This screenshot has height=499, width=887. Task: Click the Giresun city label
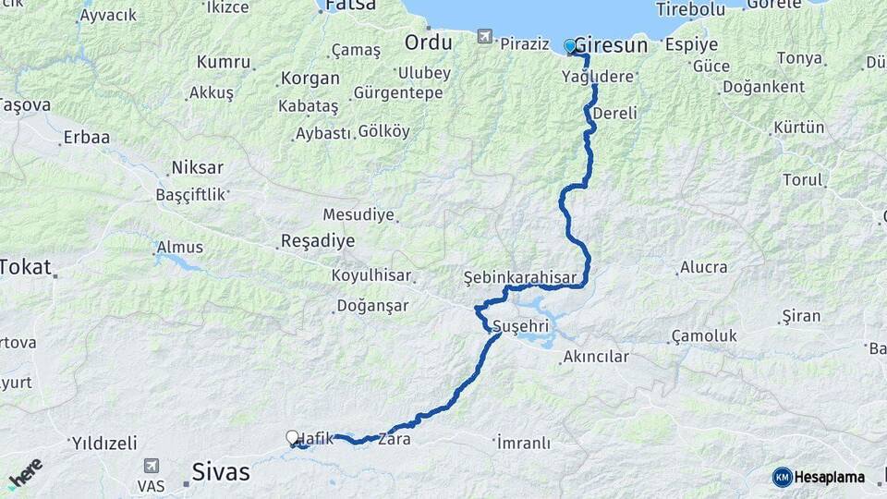[611, 45]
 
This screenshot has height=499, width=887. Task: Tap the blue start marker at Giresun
[570, 45]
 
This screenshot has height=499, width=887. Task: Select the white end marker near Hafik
[293, 437]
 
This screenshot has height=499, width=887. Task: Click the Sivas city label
[221, 472]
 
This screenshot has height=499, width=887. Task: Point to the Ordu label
[428, 43]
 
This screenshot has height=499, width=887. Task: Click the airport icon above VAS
[151, 468]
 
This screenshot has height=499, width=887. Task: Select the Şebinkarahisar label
[520, 277]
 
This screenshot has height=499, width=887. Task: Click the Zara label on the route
[399, 440]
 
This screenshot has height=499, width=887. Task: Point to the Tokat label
[26, 267]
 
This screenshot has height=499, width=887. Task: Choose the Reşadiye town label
[318, 241]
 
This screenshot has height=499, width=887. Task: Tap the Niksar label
[197, 168]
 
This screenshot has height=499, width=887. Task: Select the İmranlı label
[523, 443]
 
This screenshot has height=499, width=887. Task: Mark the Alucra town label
[703, 268]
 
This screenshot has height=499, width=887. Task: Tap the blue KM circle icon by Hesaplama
[782, 477]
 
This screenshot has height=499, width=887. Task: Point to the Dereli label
[614, 114]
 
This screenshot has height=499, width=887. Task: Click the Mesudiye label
[358, 214]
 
